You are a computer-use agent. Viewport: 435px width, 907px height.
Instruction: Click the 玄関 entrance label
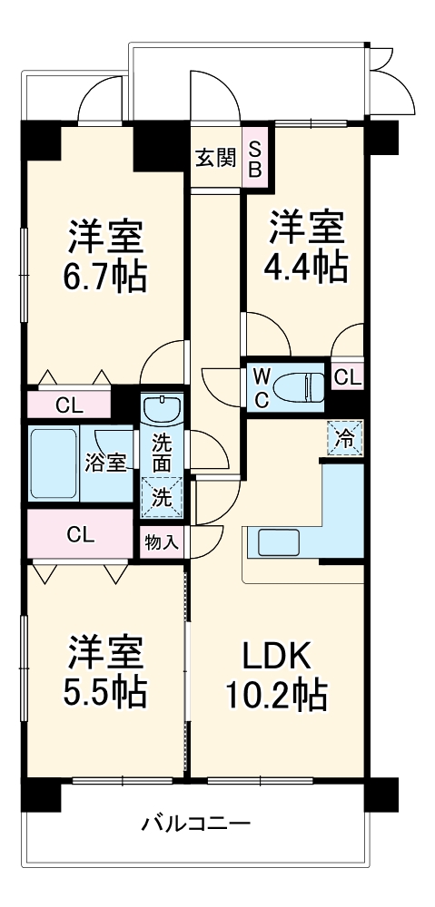215,158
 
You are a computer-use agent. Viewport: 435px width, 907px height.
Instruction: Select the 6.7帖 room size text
105,277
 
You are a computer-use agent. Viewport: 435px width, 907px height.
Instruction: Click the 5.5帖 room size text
105,690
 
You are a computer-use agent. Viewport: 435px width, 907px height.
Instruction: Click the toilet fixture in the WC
299,385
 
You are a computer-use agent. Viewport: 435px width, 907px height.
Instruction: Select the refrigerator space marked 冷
345,438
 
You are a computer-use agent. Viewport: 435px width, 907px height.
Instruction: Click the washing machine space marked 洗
163,497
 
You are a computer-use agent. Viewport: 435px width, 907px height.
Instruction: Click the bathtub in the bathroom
54,463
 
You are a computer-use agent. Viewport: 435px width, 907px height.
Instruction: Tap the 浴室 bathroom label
106,463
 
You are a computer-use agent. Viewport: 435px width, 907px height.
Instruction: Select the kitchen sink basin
278,543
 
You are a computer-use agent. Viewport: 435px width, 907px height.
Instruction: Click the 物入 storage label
162,543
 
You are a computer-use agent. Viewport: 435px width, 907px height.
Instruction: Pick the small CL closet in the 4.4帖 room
348,377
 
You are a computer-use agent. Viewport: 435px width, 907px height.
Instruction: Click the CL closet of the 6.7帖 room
70,405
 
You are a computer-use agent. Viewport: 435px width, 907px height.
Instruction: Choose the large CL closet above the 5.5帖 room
81,535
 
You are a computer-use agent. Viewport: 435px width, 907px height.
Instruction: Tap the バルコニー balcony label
196,824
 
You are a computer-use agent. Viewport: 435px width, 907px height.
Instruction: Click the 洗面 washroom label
163,454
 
